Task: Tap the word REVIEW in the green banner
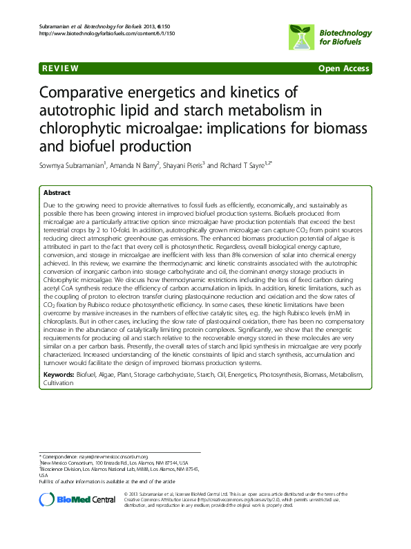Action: click(60, 68)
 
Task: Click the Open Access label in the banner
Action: click(344, 68)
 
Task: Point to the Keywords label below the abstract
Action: click(59, 375)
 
